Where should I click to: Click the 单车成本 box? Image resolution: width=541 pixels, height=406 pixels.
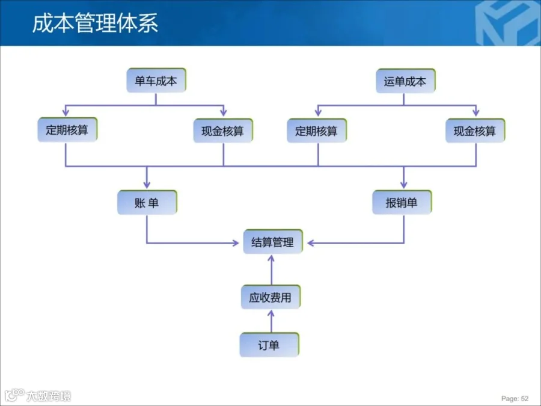156,81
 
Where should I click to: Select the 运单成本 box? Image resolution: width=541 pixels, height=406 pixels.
405,81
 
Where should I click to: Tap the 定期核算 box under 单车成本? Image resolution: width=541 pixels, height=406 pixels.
66,130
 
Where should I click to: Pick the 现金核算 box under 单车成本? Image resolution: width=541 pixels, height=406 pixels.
223,131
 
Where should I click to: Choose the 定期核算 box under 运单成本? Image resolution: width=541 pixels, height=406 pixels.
317,131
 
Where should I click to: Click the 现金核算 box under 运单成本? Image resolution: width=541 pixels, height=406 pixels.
475,131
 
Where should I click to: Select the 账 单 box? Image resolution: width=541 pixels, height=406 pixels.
147,203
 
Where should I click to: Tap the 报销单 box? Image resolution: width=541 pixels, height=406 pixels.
402,203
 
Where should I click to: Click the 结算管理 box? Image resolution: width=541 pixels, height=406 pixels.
272,242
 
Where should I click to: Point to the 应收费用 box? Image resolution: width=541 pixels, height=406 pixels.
270,297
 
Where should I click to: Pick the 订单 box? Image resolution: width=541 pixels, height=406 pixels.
269,345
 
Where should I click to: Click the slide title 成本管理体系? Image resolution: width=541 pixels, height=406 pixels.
95,23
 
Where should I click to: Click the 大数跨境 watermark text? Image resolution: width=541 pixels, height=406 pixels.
48,396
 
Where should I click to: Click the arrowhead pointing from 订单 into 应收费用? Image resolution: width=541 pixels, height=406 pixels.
270,313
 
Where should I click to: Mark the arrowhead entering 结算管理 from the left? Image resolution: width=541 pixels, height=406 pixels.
236,243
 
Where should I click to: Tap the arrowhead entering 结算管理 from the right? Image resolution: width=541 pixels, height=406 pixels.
310,243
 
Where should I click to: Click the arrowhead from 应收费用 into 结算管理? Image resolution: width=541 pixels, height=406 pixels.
270,258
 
